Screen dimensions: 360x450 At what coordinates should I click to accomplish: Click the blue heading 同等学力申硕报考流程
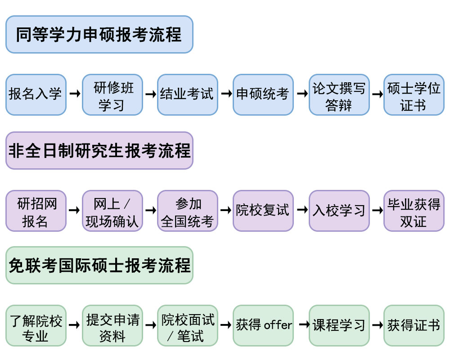coord(99,35)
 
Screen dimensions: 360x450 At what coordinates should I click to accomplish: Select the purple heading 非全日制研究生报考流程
coord(99,151)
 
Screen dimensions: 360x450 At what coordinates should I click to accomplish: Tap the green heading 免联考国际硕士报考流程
coord(99,265)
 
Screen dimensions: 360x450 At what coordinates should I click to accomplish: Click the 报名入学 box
coord(36,94)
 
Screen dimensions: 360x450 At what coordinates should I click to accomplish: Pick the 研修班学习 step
coord(112,94)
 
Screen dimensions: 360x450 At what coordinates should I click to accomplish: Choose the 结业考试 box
coord(187,94)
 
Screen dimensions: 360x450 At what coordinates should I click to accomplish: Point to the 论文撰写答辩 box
coord(339,94)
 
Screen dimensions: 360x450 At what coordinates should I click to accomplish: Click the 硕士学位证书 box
coord(414,94)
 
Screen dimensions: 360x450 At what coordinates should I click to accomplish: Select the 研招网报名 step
coord(36,211)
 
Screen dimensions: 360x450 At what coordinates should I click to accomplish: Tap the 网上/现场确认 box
coord(112,211)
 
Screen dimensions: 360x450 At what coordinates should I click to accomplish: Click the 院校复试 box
coord(263,211)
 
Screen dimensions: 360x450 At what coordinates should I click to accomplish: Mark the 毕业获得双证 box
coord(414,211)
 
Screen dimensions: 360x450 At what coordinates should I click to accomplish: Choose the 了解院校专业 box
coord(36,325)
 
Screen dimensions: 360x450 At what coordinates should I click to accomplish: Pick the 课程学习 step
coord(339,325)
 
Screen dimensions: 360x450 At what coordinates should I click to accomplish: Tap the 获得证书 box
coord(414,325)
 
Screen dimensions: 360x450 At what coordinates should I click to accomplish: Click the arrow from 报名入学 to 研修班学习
coord(74,94)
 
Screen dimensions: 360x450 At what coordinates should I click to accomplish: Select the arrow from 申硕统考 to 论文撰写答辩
coord(301,94)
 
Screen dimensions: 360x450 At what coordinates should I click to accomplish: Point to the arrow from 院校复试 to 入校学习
coord(301,210)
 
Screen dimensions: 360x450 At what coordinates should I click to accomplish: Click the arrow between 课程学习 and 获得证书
coord(377,325)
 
